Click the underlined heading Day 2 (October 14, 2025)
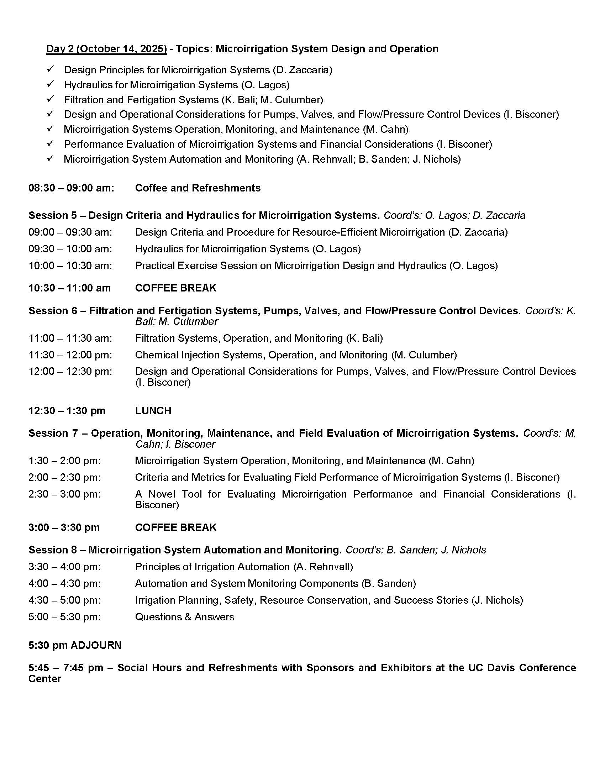(x=106, y=49)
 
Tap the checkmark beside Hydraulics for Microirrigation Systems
(x=51, y=84)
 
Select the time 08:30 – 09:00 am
(x=71, y=188)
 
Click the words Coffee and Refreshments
(x=198, y=188)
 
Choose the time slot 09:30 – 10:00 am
(x=70, y=249)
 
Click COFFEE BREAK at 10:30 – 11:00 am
(x=175, y=288)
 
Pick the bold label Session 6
(x=53, y=310)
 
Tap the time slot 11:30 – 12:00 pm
(x=70, y=355)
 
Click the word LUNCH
(x=153, y=410)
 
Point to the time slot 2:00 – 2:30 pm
(x=64, y=477)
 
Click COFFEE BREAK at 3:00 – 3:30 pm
(x=175, y=527)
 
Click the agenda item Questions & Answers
(x=184, y=617)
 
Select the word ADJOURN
(x=96, y=645)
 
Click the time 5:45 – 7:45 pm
(x=65, y=668)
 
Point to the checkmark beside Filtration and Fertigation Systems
(x=51, y=99)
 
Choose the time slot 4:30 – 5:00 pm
(x=64, y=600)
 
